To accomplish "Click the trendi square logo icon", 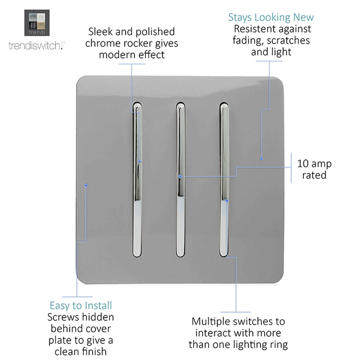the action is pos(37,23).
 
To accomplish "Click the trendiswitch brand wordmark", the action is pos(37,45).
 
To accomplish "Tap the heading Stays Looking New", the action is pos(271,18).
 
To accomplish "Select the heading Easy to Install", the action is pos(81,306).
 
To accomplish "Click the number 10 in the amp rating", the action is pos(303,164).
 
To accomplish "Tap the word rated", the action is pos(314,175).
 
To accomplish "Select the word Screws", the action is pos(63,317).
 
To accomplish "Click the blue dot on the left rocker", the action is pos(139,162).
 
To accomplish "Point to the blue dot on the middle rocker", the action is pos(180,176).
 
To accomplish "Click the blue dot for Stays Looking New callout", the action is pos(261,159).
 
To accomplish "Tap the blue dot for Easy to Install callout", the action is pos(86,185).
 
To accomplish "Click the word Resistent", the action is pos(254,29).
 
